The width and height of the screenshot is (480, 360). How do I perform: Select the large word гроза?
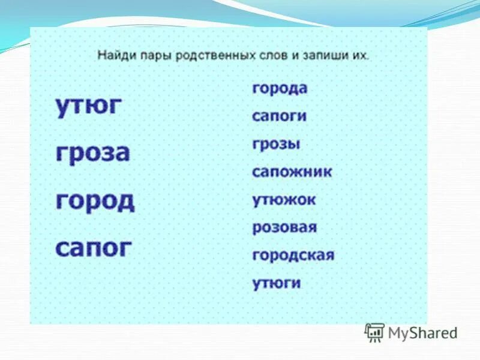(92, 153)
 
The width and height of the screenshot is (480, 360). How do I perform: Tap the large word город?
(95, 200)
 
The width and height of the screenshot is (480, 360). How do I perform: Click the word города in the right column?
(280, 88)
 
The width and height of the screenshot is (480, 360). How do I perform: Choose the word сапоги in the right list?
(279, 116)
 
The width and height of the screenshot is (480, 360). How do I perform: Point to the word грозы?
(276, 144)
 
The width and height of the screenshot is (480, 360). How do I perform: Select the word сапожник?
(292, 172)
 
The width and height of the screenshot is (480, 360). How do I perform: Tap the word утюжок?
(283, 200)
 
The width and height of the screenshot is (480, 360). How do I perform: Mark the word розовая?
(284, 227)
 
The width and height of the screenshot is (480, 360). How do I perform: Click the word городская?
(293, 256)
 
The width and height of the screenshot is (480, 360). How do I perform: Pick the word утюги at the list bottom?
(276, 283)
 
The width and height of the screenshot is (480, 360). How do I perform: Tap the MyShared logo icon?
(375, 332)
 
